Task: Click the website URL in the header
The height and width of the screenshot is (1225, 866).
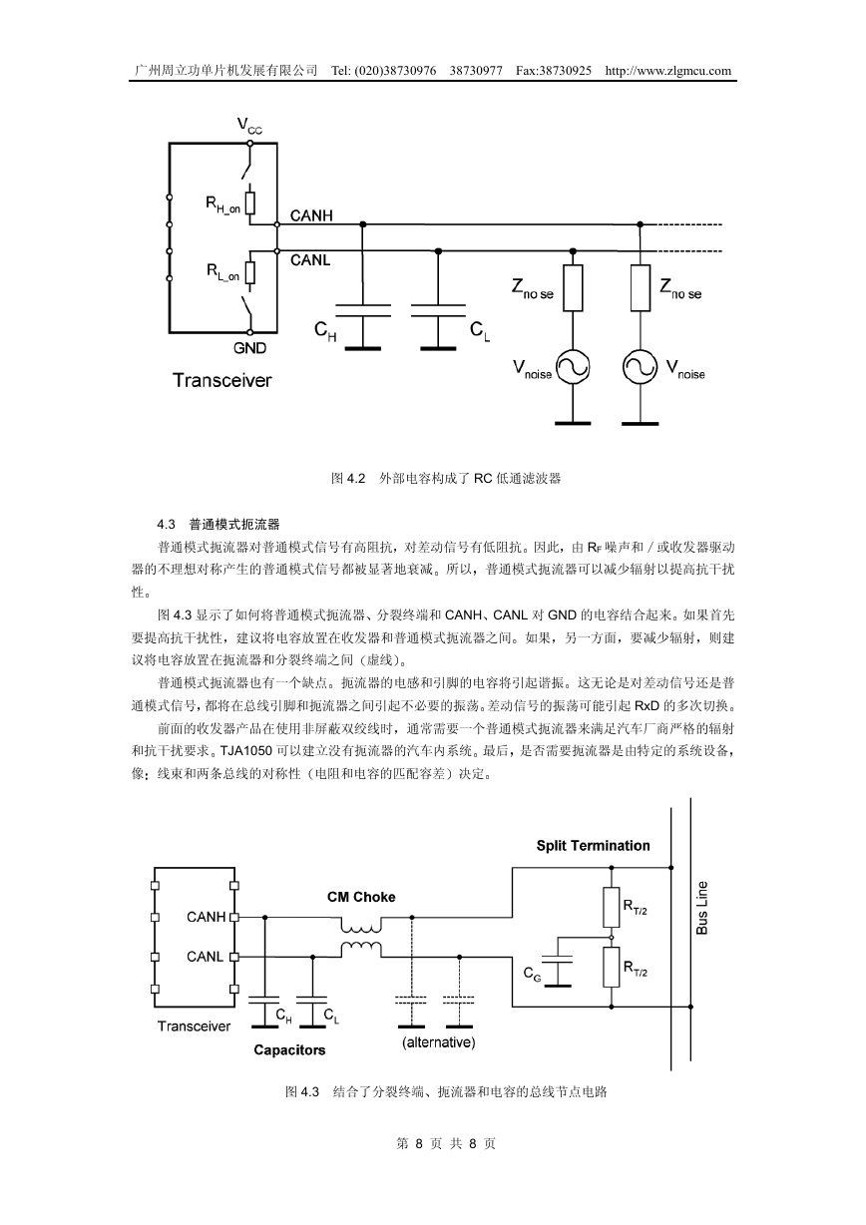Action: point(667,71)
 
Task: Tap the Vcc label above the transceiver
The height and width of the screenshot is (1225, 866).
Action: point(249,126)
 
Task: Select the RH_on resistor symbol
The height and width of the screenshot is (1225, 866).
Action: point(250,203)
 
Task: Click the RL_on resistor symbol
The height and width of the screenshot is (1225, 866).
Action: point(250,272)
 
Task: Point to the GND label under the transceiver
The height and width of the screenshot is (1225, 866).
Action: point(249,348)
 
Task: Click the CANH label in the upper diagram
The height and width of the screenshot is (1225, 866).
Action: point(311,216)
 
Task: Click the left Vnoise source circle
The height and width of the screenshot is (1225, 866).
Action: point(573,367)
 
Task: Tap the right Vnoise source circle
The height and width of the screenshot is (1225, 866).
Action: point(641,367)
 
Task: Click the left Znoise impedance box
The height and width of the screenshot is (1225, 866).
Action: point(573,288)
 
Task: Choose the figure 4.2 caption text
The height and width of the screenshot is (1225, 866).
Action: point(446,479)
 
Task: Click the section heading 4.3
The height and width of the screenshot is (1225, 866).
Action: point(218,525)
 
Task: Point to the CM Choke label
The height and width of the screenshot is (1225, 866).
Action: point(361,897)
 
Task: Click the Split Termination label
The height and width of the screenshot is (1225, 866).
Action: point(593,846)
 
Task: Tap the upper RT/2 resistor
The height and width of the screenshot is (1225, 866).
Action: point(611,907)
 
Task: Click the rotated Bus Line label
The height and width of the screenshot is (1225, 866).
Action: point(702,908)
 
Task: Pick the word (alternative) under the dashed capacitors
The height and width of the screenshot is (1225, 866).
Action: point(439,1042)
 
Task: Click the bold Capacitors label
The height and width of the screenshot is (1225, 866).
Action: point(289,1050)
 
